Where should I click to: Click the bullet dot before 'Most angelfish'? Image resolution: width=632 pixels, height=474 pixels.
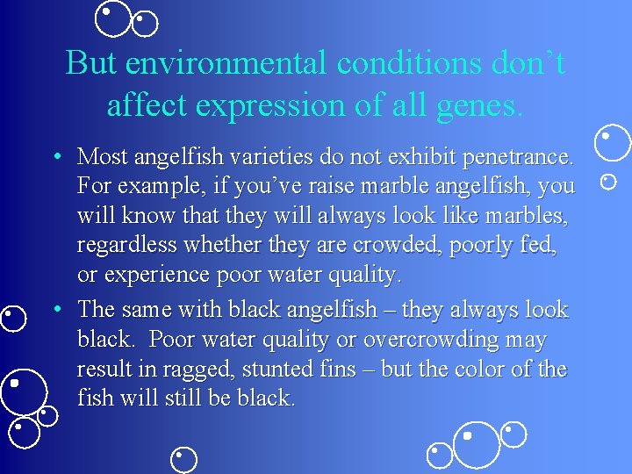[x=55, y=157]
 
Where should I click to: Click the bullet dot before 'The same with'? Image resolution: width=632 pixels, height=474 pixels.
[x=55, y=310]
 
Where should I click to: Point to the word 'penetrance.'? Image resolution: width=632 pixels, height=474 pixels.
[x=519, y=157]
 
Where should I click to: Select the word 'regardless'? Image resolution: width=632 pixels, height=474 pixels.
[x=131, y=245]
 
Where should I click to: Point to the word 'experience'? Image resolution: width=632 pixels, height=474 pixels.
[x=154, y=275]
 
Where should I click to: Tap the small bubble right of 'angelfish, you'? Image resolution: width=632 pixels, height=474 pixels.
[x=607, y=182]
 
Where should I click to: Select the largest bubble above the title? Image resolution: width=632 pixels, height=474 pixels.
[x=112, y=19]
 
